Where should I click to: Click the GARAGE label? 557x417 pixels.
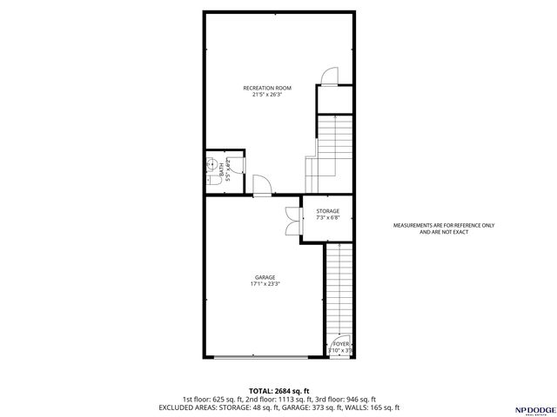[x=265, y=277]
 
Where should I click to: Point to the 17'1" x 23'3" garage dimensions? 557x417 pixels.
[x=265, y=284]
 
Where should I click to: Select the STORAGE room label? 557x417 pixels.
[x=327, y=211]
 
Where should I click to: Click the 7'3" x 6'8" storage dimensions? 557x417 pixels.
[x=327, y=218]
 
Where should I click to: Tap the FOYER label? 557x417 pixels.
[x=341, y=344]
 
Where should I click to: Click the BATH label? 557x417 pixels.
[x=221, y=169]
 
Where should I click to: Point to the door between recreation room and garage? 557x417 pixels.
[x=262, y=185]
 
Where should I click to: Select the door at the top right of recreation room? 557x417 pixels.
[x=329, y=76]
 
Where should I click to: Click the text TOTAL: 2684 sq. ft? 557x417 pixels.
[x=278, y=390]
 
